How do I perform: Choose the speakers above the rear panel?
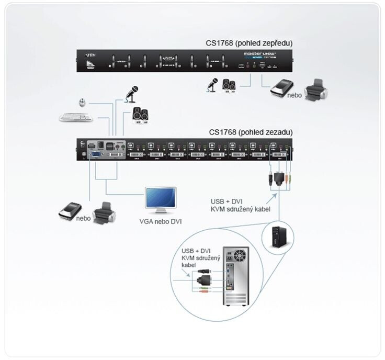tap(140, 114)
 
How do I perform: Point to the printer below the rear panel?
tap(106, 213)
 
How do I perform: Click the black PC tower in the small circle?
tap(275, 238)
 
